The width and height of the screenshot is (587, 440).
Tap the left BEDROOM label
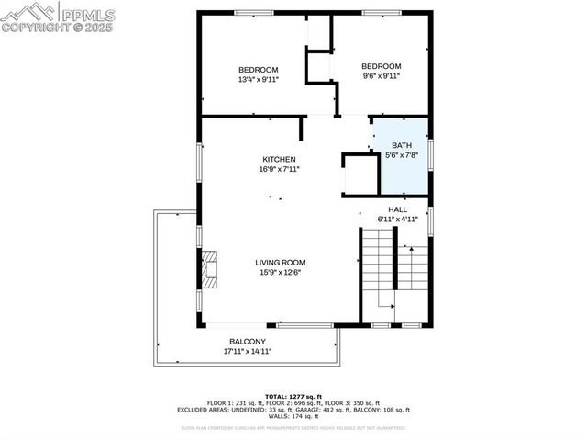[x=258, y=70]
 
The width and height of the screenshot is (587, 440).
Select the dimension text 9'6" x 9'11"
[x=380, y=76]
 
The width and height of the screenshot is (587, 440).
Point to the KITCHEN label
[x=279, y=159]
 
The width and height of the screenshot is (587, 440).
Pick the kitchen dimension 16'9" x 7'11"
[x=279, y=169]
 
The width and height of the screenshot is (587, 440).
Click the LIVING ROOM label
[x=280, y=262]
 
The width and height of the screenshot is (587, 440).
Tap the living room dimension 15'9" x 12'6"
[x=279, y=272]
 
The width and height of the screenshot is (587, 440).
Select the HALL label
[x=397, y=209]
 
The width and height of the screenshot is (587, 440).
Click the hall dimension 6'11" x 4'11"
[x=397, y=220]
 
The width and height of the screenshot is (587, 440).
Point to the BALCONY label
[x=248, y=342]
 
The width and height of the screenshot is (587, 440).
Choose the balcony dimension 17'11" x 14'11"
[x=248, y=351]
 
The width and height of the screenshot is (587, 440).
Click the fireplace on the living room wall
[x=210, y=270]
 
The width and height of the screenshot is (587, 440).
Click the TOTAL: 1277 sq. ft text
[x=293, y=394]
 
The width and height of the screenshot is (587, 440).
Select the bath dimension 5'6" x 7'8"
[x=402, y=155]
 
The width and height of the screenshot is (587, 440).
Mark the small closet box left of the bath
[x=360, y=174]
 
